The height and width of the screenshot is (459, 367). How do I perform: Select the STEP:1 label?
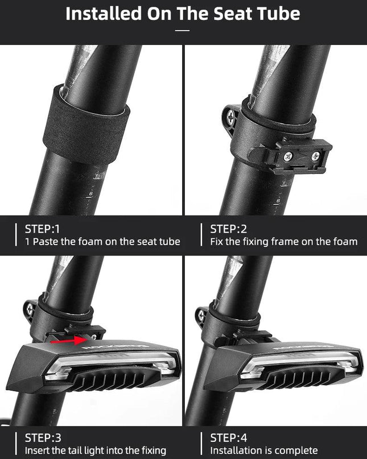tap(42, 229)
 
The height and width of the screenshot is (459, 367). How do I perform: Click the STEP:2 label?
tap(229, 229)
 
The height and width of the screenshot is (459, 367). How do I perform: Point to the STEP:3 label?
tap(43, 437)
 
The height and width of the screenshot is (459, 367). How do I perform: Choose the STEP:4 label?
tap(229, 437)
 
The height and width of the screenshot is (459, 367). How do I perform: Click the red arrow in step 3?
tap(68, 340)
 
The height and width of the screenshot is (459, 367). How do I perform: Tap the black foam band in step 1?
tap(86, 126)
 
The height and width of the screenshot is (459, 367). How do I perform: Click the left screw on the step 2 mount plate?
tap(287, 157)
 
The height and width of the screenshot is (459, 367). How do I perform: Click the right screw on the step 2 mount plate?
tap(315, 156)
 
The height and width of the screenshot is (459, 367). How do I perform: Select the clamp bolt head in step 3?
tap(29, 308)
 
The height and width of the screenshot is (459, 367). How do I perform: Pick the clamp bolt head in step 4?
tap(201, 315)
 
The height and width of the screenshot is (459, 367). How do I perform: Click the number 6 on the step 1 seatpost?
tap(91, 193)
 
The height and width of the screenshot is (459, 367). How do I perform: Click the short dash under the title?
tap(182, 30)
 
